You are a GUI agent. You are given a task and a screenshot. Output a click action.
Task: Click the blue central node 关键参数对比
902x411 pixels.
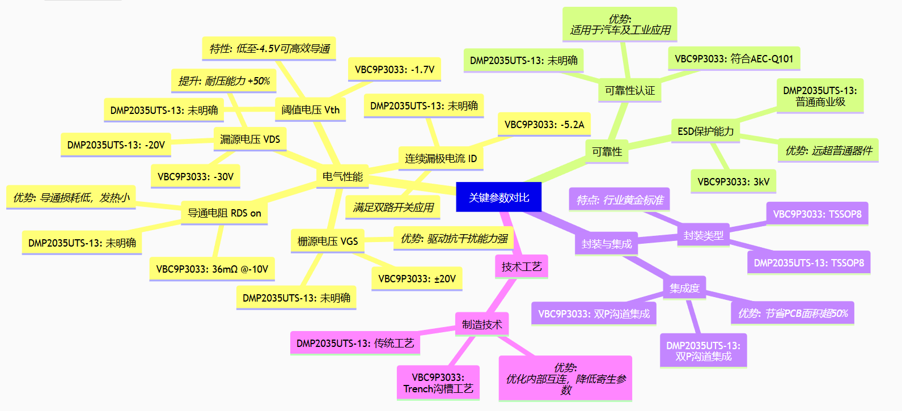click(x=498, y=197)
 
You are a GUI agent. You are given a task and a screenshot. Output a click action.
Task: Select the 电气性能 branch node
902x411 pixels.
click(x=342, y=176)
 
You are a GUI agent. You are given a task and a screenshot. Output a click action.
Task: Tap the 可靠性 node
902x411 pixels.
click(x=607, y=152)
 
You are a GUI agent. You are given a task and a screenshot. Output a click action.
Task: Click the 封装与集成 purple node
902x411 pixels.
click(x=607, y=244)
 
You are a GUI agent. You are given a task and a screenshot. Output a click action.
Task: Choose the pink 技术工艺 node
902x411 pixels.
click(x=522, y=266)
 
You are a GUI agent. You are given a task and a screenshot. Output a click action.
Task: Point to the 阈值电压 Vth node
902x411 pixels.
click(x=311, y=109)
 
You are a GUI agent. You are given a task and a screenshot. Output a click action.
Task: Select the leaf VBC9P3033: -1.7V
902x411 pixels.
click(x=395, y=69)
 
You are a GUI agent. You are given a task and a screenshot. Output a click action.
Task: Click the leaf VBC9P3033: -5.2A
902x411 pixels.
click(x=544, y=124)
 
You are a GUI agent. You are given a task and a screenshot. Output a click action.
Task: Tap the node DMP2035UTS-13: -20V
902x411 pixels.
click(x=116, y=145)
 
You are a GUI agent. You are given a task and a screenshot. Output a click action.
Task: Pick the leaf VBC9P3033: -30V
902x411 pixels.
click(x=195, y=176)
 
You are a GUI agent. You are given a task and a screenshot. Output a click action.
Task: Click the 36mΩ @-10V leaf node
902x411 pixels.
click(x=212, y=269)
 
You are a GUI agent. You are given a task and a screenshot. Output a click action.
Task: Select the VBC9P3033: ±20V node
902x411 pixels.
click(x=417, y=278)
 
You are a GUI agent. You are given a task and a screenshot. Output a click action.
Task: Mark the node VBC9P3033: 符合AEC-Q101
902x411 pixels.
click(x=734, y=59)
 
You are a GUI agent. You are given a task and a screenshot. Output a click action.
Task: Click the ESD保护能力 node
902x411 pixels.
click(x=705, y=131)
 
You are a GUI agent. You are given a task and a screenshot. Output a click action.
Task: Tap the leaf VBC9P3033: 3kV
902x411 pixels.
click(x=733, y=181)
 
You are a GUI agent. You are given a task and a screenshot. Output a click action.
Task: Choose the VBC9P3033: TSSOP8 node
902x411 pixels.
click(x=817, y=214)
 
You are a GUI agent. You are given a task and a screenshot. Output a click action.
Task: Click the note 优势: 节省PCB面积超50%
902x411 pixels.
click(x=793, y=313)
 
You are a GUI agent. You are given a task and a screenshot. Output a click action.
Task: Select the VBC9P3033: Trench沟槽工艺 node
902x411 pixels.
click(x=438, y=383)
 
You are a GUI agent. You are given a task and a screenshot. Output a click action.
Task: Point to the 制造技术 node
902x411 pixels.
click(x=482, y=324)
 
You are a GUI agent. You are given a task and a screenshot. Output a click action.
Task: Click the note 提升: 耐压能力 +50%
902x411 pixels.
click(x=224, y=81)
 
